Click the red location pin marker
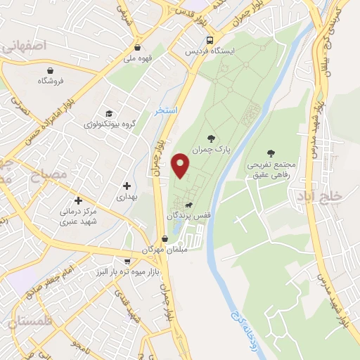pyautogui.click(x=181, y=165)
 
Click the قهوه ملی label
pyautogui.click(x=139, y=58)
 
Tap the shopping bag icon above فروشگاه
pyautogui.click(x=51, y=70)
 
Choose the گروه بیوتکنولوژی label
pyautogui.click(x=108, y=124)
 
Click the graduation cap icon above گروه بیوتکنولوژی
pyautogui.click(x=109, y=113)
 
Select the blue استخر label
pyautogui.click(x=167, y=111)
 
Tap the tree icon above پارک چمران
pyautogui.click(x=211, y=139)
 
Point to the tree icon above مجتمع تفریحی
pyautogui.click(x=271, y=153)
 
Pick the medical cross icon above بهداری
pyautogui.click(x=127, y=186)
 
